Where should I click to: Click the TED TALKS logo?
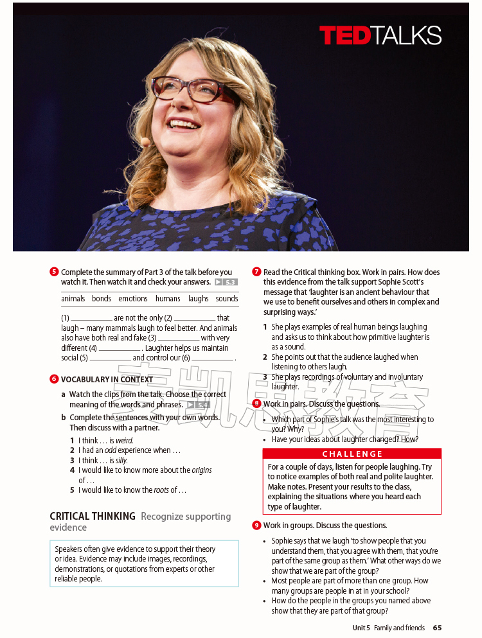coord(380,35)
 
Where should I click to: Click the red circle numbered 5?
coord(54,272)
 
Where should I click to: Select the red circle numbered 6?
coord(54,379)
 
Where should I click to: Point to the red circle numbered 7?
coord(256,272)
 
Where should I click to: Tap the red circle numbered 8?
coord(256,403)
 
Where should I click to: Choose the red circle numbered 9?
coord(256,526)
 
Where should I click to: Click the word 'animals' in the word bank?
coord(73,299)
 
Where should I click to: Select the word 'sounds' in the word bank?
coord(227,299)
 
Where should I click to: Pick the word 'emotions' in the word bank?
coord(133,299)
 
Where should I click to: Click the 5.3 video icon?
coord(226,282)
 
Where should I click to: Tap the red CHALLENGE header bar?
coord(352,454)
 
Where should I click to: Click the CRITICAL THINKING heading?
coord(93,516)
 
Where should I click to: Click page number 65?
coord(437,628)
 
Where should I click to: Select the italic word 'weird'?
coord(124,440)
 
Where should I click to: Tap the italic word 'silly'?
coord(121,460)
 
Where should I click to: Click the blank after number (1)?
coord(91,319)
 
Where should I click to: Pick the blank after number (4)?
coord(119,349)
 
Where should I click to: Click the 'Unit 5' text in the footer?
coord(361,628)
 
